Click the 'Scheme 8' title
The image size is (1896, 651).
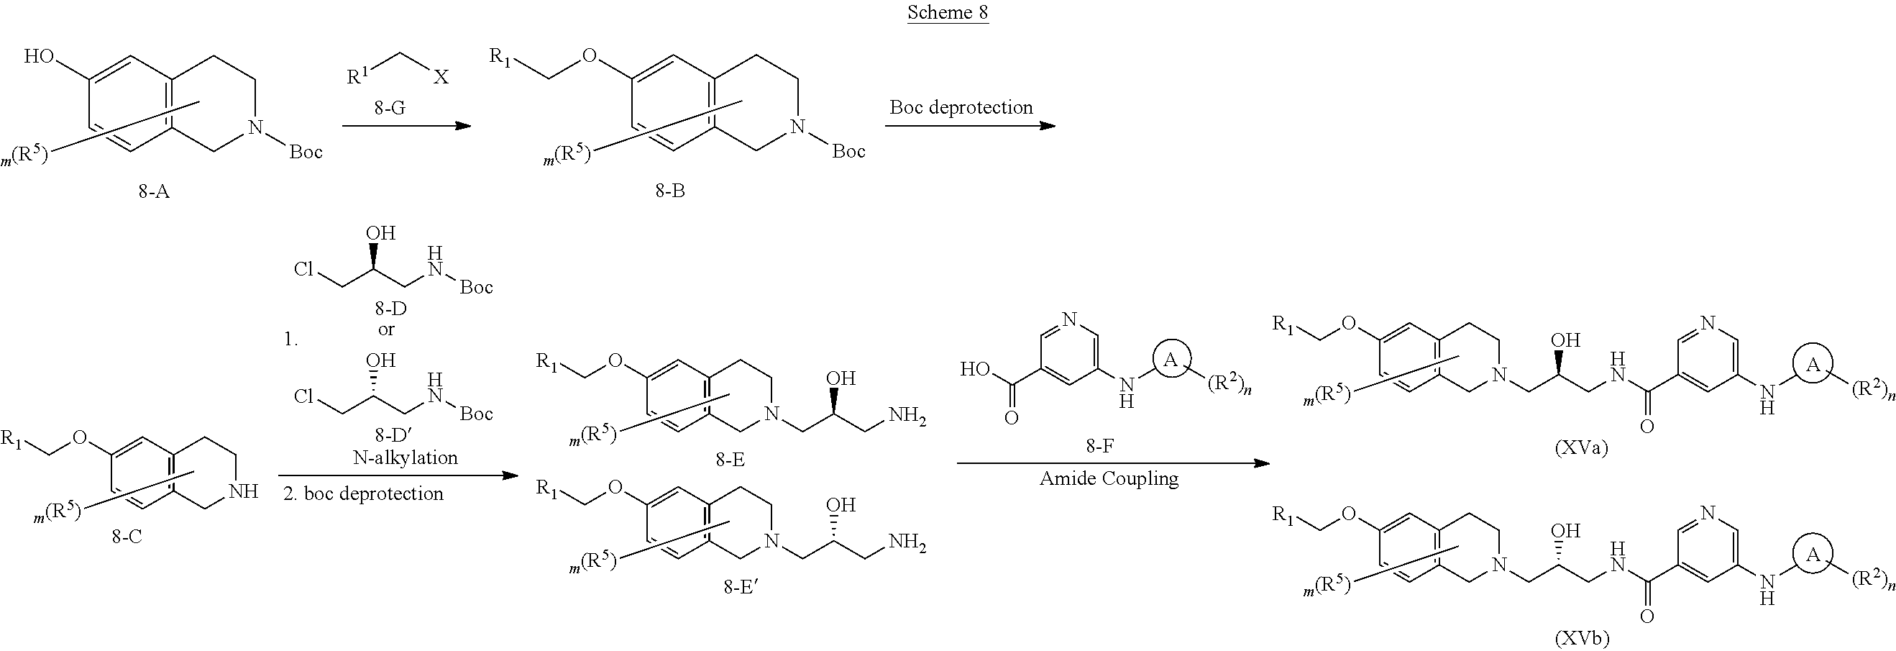(x=947, y=12)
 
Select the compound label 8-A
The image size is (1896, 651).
(x=153, y=191)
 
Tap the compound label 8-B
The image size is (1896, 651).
(x=670, y=191)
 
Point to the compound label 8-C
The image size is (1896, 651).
(x=127, y=536)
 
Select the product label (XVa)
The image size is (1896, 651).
(x=1581, y=447)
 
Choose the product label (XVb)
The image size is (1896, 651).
(x=1581, y=638)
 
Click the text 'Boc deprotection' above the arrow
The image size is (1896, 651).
(x=961, y=107)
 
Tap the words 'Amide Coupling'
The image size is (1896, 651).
(x=1109, y=478)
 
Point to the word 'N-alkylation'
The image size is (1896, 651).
(x=406, y=457)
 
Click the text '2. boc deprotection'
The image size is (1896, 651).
(x=364, y=493)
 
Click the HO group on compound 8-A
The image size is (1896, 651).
(x=38, y=56)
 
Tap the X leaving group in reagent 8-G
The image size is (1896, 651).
(x=440, y=76)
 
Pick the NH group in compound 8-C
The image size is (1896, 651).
(x=244, y=491)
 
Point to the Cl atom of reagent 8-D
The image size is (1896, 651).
(x=304, y=269)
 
